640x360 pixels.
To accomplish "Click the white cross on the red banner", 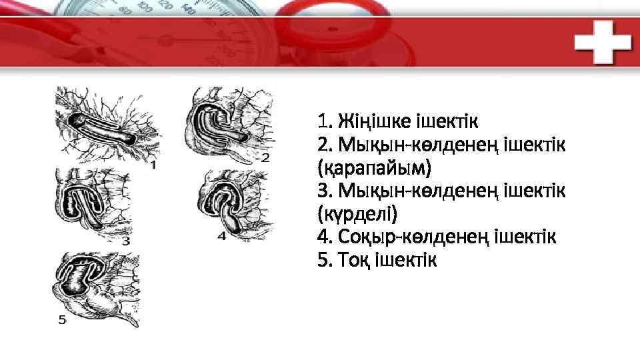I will [x=603, y=41].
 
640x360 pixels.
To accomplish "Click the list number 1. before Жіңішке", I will [x=325, y=122].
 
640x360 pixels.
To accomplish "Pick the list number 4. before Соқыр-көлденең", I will [x=325, y=237].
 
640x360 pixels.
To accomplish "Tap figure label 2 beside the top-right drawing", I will [x=265, y=157].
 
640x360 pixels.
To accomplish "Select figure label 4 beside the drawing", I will [x=221, y=235].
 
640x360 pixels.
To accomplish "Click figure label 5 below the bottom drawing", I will [x=62, y=320].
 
